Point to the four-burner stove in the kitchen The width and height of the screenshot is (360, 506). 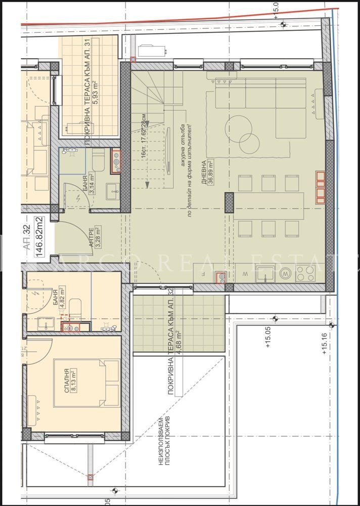(305, 274)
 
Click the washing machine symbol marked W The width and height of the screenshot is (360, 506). (285, 274)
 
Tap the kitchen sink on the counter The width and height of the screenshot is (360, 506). (264, 276)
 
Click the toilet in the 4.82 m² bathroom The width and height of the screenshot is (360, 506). (74, 307)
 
